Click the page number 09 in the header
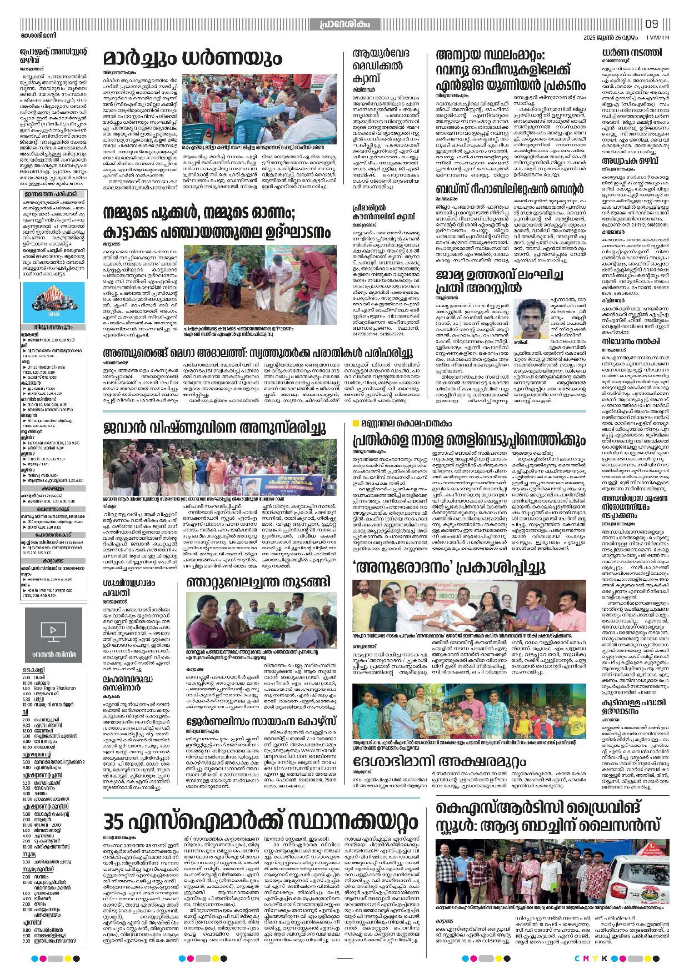(x=651, y=24)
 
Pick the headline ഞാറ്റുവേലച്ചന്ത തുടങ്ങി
(x=258, y=581)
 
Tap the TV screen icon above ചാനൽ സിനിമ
(x=53, y=630)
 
